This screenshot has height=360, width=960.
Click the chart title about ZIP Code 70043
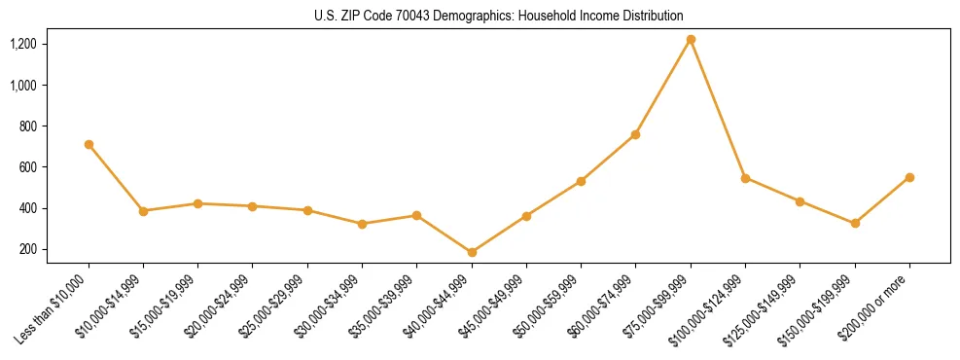(x=499, y=17)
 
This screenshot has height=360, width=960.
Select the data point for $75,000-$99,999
(x=691, y=40)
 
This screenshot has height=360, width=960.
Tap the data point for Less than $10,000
(x=89, y=144)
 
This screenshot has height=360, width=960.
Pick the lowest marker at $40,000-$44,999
(x=472, y=252)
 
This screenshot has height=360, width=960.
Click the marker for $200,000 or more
(x=909, y=177)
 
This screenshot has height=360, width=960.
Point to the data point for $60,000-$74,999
(x=635, y=134)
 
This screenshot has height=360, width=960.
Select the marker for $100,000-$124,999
(x=745, y=178)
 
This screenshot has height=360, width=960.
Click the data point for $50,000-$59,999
(x=581, y=181)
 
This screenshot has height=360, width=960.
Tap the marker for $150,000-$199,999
(x=855, y=223)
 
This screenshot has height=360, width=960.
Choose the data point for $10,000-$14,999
(x=143, y=210)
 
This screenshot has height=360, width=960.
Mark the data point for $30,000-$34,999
(x=362, y=224)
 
